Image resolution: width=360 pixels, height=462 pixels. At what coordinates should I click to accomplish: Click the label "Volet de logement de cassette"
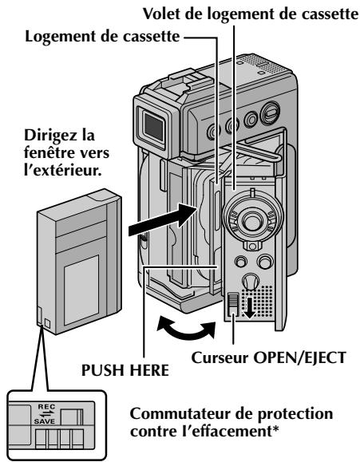(x=251, y=14)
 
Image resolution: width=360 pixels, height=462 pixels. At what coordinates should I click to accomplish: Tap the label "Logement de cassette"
(x=102, y=37)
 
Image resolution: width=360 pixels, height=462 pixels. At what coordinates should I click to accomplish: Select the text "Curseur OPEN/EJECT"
(x=268, y=357)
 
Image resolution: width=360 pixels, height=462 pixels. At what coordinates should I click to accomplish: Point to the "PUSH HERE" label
(x=125, y=369)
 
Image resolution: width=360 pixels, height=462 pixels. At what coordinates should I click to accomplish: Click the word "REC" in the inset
(x=46, y=407)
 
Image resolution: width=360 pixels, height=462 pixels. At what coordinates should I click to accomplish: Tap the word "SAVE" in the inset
(x=45, y=421)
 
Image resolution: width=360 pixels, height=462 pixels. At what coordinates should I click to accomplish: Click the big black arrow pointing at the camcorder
(x=163, y=219)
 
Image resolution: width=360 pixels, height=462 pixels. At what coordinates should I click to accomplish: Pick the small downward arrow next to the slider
(x=250, y=309)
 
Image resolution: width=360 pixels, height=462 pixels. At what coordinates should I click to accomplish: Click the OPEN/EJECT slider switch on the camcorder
(x=233, y=306)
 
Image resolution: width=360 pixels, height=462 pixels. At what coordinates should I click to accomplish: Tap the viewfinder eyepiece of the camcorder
(x=153, y=127)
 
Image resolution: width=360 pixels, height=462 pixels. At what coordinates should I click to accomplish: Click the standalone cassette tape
(x=79, y=262)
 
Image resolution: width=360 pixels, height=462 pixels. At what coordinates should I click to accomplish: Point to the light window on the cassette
(x=81, y=290)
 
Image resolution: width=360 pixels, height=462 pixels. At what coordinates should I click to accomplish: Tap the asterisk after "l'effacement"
(x=275, y=428)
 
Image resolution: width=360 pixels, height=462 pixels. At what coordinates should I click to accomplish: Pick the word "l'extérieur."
(x=63, y=170)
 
